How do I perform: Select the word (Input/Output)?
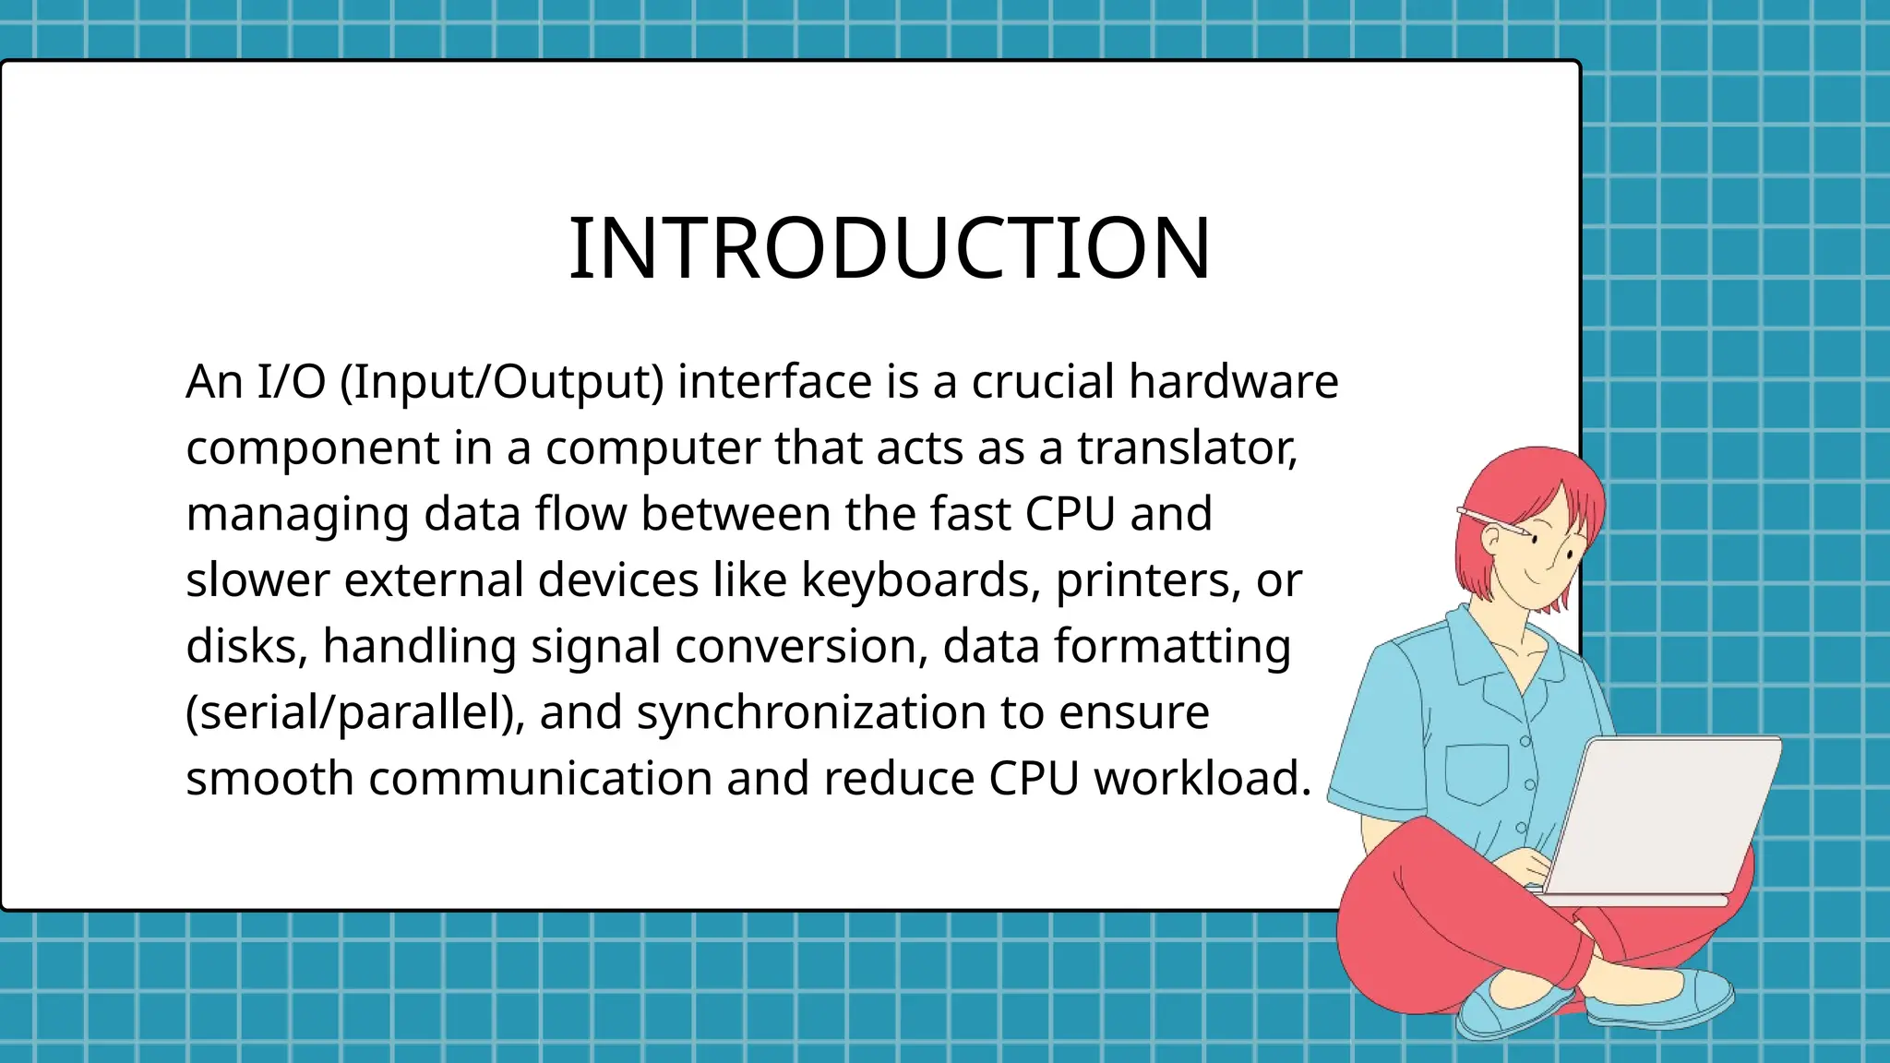tap(501, 382)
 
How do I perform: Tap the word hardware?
tap(1233, 381)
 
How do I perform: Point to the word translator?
tap(1187, 448)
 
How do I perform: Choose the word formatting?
tap(1172, 646)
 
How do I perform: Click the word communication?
tap(540, 778)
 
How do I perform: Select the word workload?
tap(1202, 778)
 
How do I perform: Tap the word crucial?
tap(1043, 381)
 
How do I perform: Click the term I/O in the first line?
tap(291, 381)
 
